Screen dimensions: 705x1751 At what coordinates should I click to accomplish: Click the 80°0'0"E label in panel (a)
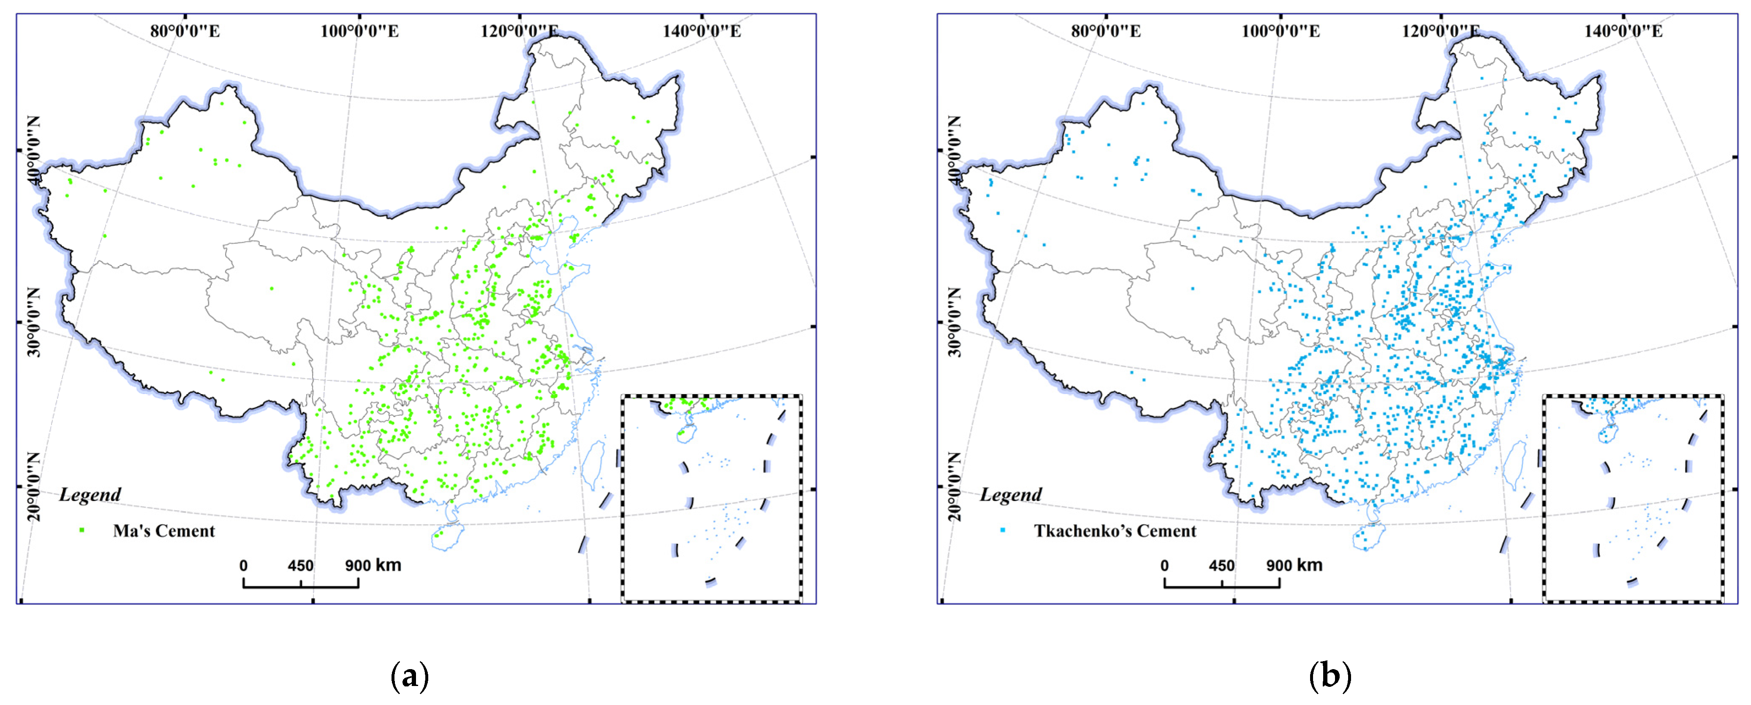click(185, 31)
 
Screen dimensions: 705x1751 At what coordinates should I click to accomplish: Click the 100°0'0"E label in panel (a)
click(359, 31)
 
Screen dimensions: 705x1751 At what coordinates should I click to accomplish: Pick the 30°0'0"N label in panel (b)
click(954, 323)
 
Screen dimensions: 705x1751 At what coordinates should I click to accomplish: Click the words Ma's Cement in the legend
click(164, 531)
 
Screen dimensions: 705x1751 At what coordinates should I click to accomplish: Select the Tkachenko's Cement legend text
click(1115, 531)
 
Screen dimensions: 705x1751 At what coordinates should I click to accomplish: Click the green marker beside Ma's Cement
click(82, 530)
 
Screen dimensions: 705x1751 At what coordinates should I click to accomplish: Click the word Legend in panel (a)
click(90, 494)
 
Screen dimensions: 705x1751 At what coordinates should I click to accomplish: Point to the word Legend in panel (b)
click(1011, 494)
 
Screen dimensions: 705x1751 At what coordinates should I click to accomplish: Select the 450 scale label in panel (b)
click(1221, 565)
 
